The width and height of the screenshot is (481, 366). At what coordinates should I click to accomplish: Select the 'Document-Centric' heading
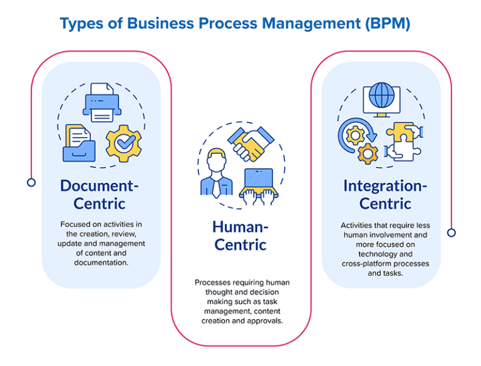(100, 194)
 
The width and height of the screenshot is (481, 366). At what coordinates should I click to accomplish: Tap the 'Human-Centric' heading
(240, 235)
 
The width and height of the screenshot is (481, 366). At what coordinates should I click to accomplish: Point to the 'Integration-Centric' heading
(385, 194)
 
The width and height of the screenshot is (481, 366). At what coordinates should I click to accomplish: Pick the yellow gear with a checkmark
(123, 144)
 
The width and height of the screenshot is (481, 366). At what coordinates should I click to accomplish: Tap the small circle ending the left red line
(31, 182)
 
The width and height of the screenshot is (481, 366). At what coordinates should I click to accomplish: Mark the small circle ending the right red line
(451, 233)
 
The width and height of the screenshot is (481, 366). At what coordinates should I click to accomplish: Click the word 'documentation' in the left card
(101, 263)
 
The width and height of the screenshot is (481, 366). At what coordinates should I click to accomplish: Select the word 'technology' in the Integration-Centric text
(385, 254)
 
